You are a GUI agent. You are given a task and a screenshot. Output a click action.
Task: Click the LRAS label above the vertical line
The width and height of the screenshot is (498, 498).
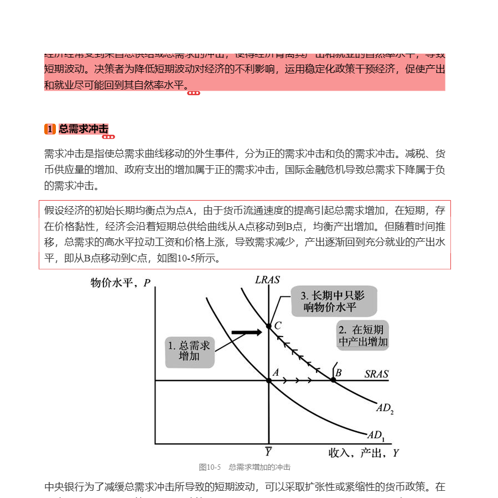coord(267,280)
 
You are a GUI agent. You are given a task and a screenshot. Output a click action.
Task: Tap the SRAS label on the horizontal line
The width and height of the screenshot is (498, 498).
coord(376,374)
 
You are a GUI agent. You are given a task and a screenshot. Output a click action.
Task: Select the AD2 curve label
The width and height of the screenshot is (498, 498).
coord(385,408)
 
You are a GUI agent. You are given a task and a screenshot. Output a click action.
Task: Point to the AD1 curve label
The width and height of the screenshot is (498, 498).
coord(376,434)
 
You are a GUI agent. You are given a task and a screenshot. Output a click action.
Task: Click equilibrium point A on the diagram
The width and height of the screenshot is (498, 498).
coord(269,380)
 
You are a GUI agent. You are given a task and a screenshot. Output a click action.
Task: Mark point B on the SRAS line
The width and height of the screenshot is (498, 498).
coord(333,380)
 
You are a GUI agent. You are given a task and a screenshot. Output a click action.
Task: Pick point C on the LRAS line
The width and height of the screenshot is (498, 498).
coord(269,326)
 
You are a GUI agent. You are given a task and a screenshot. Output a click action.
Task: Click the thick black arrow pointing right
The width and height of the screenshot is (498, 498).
coord(246,332)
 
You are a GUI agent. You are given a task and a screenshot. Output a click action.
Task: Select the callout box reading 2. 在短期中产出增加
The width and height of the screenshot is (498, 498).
coord(363,336)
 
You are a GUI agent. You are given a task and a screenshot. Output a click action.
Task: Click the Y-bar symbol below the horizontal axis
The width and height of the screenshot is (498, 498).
coord(268,452)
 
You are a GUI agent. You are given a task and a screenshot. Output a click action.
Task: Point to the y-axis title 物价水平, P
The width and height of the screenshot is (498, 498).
coord(121,283)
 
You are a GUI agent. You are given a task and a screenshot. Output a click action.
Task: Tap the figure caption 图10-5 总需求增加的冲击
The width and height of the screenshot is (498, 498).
coord(245,467)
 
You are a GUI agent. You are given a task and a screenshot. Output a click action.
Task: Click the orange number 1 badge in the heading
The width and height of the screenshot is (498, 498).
coord(50,129)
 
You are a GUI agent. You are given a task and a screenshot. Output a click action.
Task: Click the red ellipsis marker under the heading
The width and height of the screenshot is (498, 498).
coord(109,137)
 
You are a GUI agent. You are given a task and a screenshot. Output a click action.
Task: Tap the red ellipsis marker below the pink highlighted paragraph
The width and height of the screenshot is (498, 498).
coord(194,93)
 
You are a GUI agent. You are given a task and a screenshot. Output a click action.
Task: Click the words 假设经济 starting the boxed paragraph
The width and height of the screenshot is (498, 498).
coord(64,211)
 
